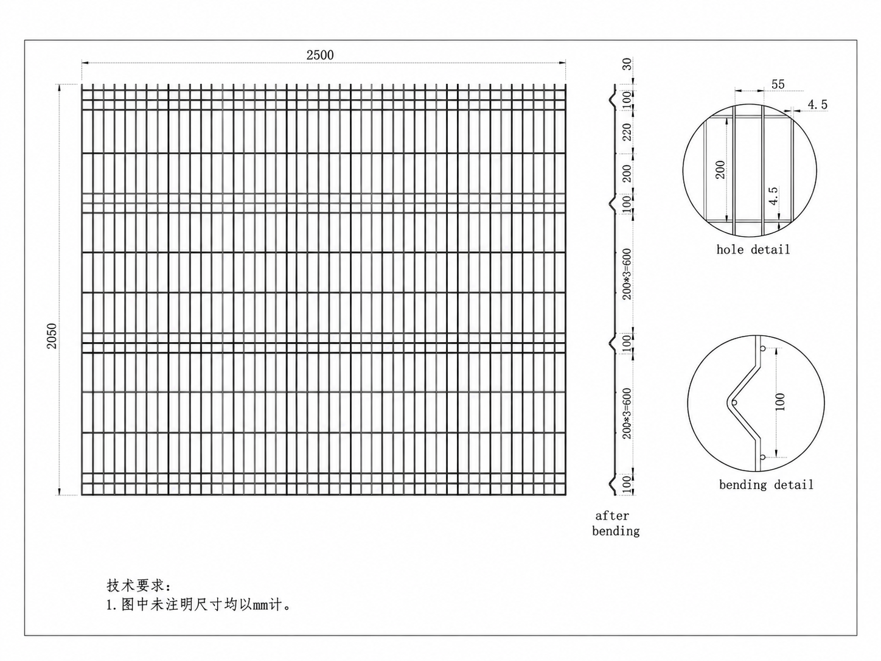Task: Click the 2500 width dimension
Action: point(320,55)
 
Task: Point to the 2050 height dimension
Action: point(52,335)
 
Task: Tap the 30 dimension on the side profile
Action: point(627,64)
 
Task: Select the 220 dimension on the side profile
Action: point(627,132)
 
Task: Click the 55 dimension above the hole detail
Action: point(778,84)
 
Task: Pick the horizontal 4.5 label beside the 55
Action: point(818,104)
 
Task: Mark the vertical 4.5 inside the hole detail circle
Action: point(773,196)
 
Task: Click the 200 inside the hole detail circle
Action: point(720,170)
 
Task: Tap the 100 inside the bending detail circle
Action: point(780,402)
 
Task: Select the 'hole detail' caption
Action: point(753,250)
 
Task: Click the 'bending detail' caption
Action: point(766,485)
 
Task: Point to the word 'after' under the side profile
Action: point(612,516)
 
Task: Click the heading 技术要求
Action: point(139,586)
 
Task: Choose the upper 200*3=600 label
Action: point(627,274)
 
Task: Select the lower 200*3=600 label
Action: point(627,413)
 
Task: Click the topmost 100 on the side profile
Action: point(627,100)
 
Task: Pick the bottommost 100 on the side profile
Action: point(627,485)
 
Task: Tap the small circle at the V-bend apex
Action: point(734,402)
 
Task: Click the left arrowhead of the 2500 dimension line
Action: point(85,63)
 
